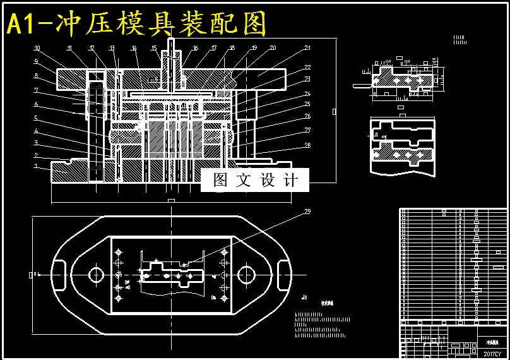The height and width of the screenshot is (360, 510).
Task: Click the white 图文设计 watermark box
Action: coord(255,180)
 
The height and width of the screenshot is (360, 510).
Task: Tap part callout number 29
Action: coord(307,212)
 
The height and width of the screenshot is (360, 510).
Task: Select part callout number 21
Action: coord(307,48)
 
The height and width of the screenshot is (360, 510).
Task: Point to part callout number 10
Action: coord(37,48)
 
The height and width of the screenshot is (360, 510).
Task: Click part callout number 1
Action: coord(36,166)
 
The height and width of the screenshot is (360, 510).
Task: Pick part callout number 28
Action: coord(307,145)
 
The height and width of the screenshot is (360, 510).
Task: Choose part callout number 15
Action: coord(153,48)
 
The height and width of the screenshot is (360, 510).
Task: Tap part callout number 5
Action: coord(36,118)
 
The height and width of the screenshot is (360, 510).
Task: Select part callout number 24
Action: coord(307,93)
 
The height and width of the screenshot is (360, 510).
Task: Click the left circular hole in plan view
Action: coord(96,275)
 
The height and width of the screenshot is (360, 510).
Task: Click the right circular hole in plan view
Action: coord(246,275)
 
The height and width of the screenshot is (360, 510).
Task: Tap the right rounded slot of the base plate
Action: coord(282,275)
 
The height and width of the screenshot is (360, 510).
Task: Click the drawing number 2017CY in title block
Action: coord(492,354)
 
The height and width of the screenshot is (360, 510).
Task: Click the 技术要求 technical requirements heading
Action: coord(327,303)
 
